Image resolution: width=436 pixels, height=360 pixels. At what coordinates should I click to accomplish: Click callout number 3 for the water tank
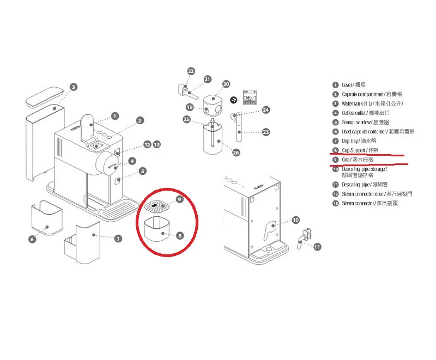pyautogui.click(x=74, y=87)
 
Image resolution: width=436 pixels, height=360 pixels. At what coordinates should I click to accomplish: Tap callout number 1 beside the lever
pyautogui.click(x=114, y=115)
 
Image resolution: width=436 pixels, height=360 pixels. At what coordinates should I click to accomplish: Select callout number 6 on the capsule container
pyautogui.click(x=32, y=239)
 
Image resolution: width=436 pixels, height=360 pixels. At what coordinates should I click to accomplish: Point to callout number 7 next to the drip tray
pyautogui.click(x=118, y=238)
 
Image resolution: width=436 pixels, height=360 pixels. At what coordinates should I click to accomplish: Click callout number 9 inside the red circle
pyautogui.click(x=179, y=200)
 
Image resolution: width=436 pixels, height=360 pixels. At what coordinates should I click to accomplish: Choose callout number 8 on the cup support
pyautogui.click(x=179, y=236)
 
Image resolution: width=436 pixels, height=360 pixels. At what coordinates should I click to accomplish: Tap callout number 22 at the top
pyautogui.click(x=191, y=71)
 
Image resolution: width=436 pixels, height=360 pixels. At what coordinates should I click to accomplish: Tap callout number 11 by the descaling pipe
pyautogui.click(x=318, y=247)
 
